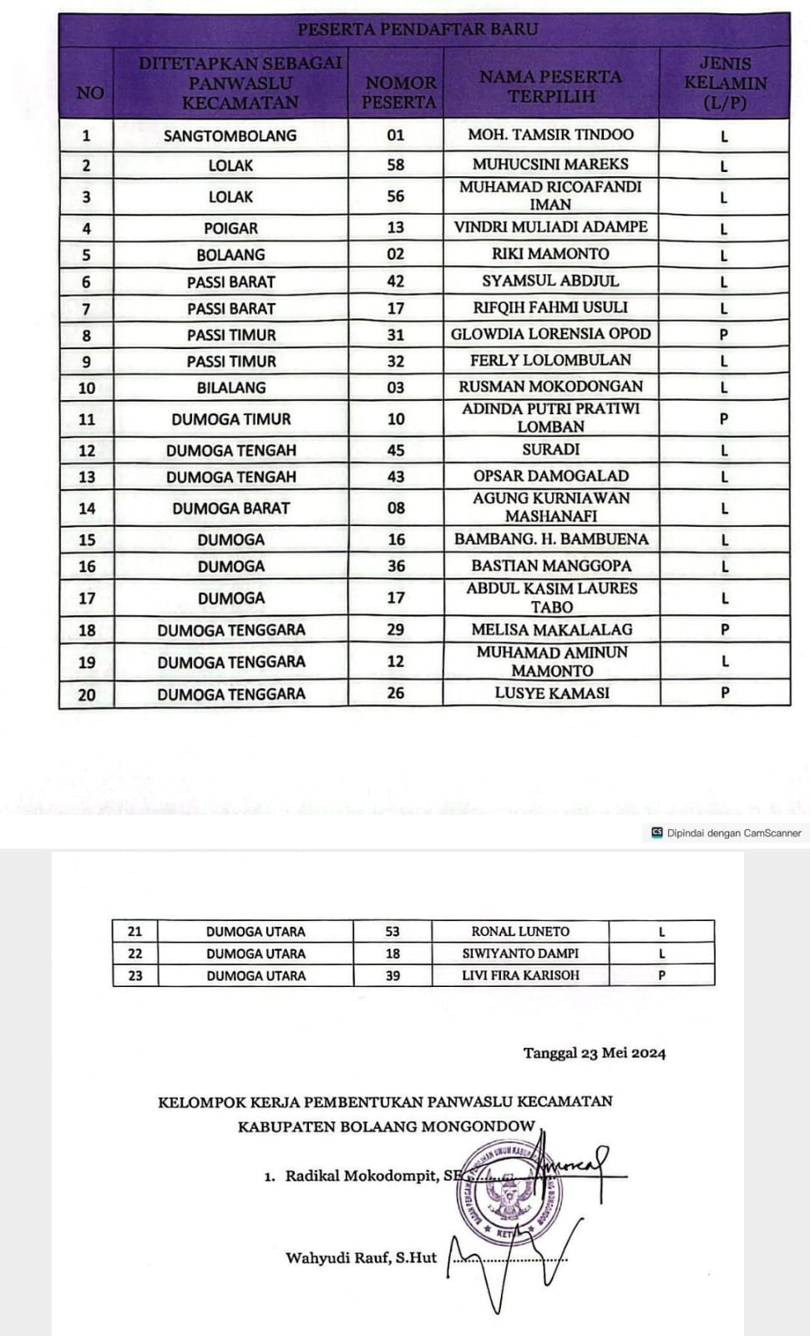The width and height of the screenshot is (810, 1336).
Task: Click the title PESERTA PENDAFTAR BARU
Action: [x=418, y=29]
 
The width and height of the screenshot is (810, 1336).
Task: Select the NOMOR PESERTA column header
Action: [x=400, y=92]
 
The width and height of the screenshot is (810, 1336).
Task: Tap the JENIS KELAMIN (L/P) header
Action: [x=725, y=83]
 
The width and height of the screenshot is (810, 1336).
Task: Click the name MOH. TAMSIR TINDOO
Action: [x=550, y=134]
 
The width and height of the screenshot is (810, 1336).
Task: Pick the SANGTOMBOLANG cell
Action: [x=230, y=135]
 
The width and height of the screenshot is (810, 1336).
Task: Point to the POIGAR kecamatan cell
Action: [x=230, y=228]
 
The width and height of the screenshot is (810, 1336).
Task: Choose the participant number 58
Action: [x=396, y=164]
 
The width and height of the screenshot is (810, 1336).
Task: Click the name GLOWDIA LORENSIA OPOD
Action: [x=550, y=334]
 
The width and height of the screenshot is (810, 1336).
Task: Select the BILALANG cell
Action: [x=231, y=387]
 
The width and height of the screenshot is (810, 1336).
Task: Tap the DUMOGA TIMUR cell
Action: [x=231, y=419]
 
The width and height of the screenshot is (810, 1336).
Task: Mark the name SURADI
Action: [x=550, y=449]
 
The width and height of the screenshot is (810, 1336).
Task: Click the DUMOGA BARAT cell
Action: [x=231, y=508]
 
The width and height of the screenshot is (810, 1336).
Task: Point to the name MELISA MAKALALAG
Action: [x=552, y=630]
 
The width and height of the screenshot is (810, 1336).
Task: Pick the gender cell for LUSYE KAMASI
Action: [x=725, y=692]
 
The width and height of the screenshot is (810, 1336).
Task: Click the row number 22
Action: [x=135, y=954]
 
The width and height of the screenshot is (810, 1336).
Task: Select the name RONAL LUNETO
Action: [x=520, y=931]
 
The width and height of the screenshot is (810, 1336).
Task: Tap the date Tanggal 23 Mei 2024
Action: [x=595, y=1053]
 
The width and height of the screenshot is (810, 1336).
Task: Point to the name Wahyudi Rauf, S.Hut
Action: [x=361, y=1258]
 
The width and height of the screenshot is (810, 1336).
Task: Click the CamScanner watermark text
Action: [x=733, y=832]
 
